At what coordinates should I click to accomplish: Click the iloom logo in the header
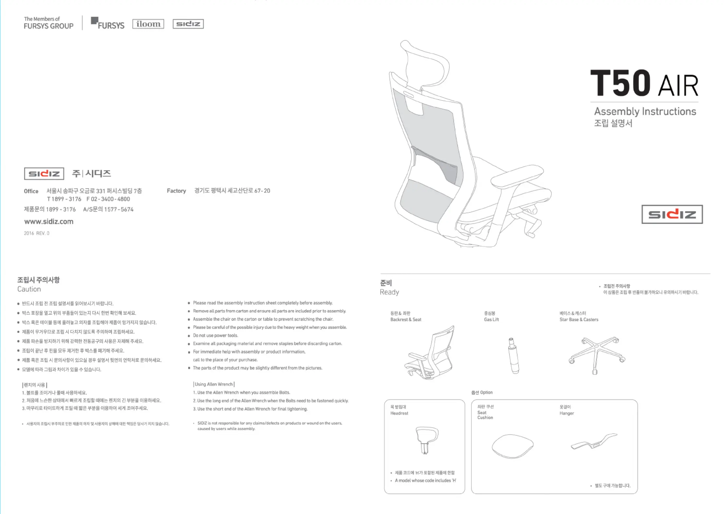148,24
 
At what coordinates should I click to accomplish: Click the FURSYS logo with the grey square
108,23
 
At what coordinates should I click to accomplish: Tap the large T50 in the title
620,83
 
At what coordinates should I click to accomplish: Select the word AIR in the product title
678,86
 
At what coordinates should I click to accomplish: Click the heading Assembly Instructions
645,111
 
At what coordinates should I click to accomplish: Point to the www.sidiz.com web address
49,222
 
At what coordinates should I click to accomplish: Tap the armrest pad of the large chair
517,175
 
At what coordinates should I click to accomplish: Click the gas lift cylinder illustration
513,355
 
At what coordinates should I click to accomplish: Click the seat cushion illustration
513,446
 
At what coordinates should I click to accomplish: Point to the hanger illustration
594,441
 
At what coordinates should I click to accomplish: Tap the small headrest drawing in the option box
427,440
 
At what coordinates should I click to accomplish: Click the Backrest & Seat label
406,319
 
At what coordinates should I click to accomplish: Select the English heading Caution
29,289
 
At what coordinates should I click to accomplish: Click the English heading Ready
389,292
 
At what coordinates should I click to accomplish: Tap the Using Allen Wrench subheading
214,384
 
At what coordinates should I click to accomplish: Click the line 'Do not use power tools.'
215,336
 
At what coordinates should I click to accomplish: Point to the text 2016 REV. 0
37,233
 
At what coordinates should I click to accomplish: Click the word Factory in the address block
176,191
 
